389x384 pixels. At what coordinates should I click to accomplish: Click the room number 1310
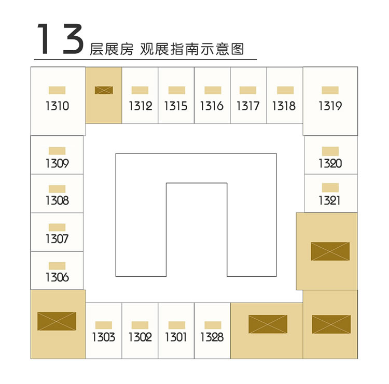coord(57,106)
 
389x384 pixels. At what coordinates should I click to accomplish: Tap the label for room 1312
coord(140,106)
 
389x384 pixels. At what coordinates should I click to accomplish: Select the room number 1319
coord(330,106)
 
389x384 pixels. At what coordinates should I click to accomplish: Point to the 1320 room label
coord(330,163)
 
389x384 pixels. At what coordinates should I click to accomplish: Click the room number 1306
coord(57,277)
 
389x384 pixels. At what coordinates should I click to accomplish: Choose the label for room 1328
coord(212,337)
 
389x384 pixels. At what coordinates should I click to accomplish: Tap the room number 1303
coord(104,337)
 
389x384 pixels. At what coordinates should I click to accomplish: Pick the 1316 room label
coord(212,106)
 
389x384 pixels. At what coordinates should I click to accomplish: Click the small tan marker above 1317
coord(248,90)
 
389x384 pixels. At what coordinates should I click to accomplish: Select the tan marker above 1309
coord(57,151)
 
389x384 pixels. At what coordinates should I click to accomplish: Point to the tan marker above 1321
coord(330,188)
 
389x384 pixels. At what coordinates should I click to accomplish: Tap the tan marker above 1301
coord(177,325)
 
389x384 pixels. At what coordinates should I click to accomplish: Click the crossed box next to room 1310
coord(104,90)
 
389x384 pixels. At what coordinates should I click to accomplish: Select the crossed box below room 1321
coord(330,251)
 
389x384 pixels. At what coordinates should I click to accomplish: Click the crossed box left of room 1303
coord(57,321)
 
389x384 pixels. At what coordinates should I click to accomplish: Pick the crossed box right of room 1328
coord(268,324)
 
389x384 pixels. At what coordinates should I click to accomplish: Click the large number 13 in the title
coord(60,39)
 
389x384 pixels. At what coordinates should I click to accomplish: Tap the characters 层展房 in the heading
coord(112,49)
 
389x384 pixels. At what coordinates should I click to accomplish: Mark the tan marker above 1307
coord(57,227)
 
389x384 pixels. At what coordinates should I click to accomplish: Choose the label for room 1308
coord(57,201)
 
